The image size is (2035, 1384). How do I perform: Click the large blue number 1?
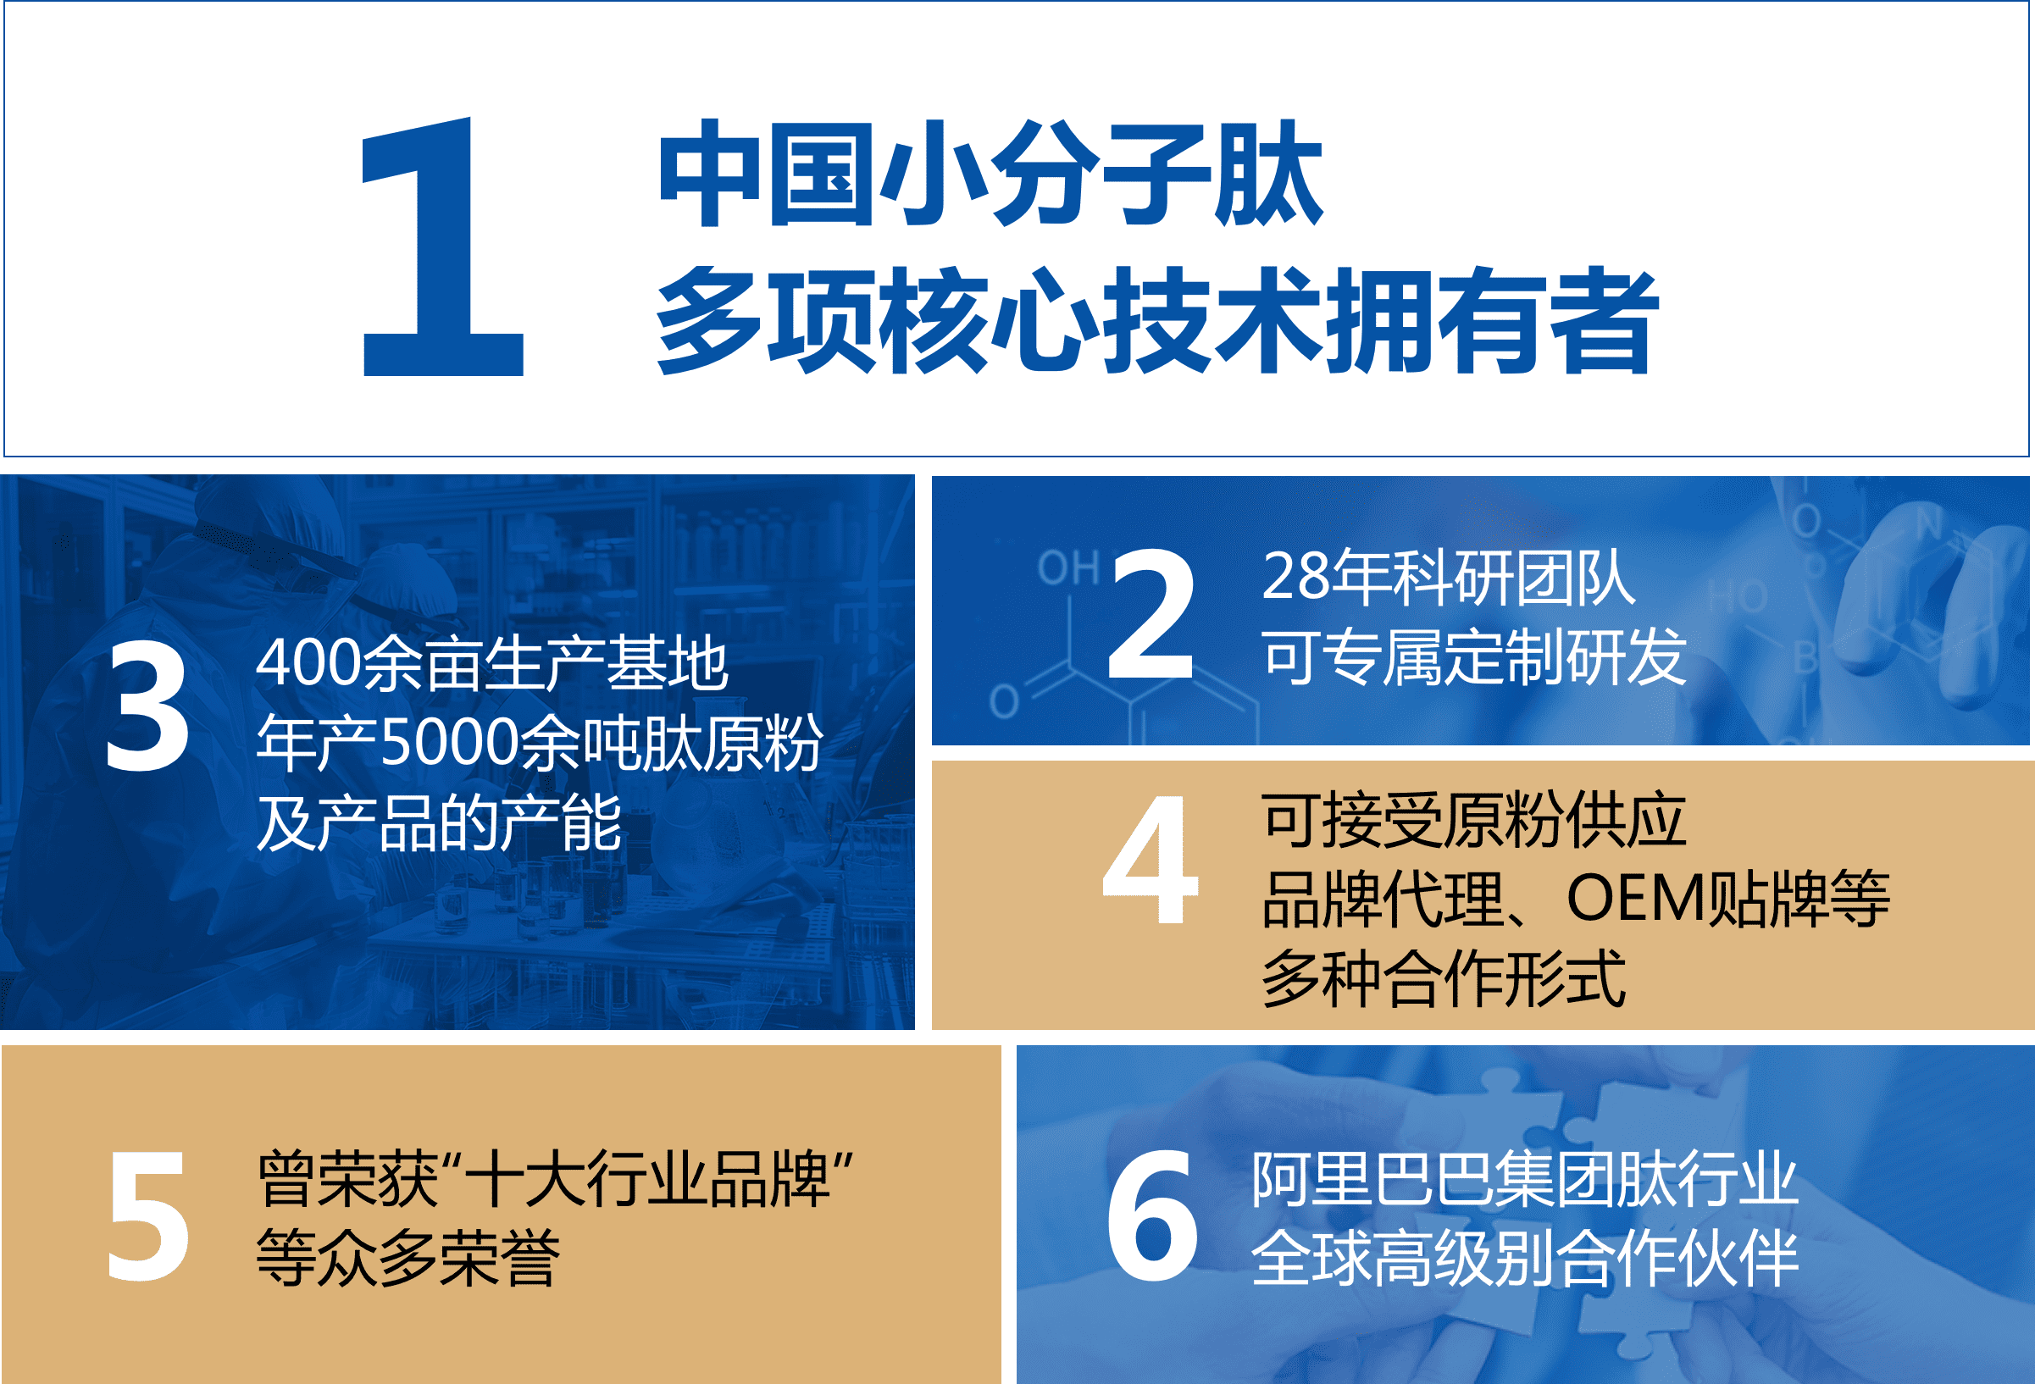click(x=442, y=246)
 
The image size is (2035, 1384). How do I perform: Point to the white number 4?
click(x=1150, y=860)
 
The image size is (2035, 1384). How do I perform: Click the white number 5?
click(x=148, y=1216)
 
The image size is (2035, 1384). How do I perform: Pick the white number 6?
click(x=1151, y=1215)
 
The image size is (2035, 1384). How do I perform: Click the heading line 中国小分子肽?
click(x=990, y=174)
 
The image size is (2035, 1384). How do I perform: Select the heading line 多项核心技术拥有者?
click(x=1157, y=320)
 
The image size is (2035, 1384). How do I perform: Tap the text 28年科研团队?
click(x=1449, y=578)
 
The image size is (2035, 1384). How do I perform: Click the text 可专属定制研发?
click(x=1475, y=656)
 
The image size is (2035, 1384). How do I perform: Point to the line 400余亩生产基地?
click(x=492, y=663)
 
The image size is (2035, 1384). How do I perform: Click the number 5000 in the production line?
click(x=450, y=743)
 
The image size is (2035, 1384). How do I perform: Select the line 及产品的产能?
click(x=439, y=823)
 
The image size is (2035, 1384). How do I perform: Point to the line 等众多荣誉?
click(x=408, y=1258)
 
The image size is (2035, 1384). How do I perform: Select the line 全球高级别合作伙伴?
click(x=1524, y=1259)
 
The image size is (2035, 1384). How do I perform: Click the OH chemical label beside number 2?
click(x=1068, y=567)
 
